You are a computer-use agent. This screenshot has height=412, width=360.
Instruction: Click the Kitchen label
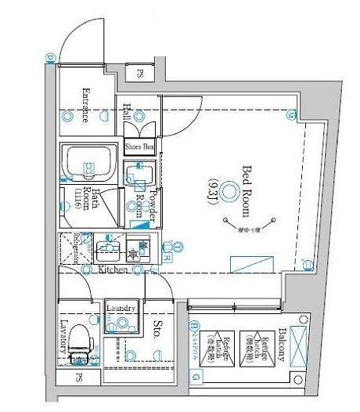(113, 269)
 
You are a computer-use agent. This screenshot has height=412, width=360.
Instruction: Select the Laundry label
(122, 309)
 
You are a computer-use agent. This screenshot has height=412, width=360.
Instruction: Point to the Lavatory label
(66, 338)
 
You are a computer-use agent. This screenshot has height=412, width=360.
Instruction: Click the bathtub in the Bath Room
(89, 163)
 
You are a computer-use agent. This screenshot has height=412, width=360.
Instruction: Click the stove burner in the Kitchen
(134, 252)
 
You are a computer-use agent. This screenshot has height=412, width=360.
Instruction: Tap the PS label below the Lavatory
(78, 378)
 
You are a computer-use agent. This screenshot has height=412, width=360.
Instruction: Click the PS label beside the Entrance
(140, 74)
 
